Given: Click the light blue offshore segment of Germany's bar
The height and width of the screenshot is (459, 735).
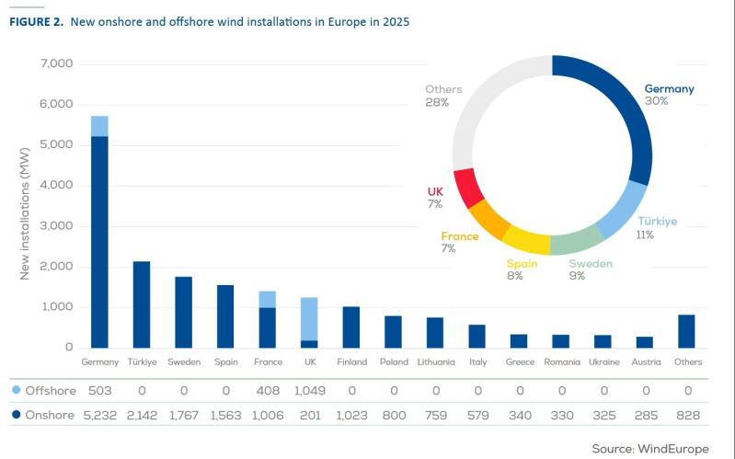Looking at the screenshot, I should click(99, 126).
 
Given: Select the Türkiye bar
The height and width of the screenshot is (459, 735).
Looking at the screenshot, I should click(142, 304).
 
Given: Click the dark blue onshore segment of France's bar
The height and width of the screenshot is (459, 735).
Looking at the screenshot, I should click(267, 327).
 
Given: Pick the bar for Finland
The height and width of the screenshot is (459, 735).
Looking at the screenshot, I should click(350, 327).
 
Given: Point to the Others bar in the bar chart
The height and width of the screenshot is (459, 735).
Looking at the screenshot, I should click(687, 331).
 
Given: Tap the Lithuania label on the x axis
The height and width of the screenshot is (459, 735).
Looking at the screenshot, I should click(435, 362).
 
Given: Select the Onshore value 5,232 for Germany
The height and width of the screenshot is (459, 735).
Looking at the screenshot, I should click(99, 416).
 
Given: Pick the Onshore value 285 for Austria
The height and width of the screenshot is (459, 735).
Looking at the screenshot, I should click(645, 416).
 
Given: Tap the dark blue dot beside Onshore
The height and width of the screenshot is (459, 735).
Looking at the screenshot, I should click(17, 416).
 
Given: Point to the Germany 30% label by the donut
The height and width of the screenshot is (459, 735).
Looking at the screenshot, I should click(669, 95).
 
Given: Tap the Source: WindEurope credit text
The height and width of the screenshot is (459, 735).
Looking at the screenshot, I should click(649, 449).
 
